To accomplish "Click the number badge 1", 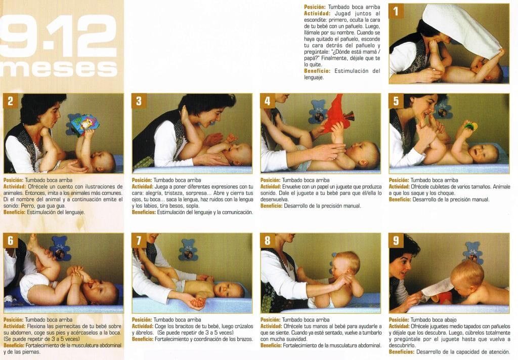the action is point(396,11).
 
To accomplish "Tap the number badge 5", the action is point(396,101).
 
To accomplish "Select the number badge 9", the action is point(396,241).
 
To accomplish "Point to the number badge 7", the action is point(139,241).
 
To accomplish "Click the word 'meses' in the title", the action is point(60,68).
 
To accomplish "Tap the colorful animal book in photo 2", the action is point(85,124).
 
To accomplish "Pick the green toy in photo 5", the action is point(470,126).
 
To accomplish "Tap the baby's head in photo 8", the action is point(346,264).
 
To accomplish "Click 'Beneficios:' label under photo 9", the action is point(401,352).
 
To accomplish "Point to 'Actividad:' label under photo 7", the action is point(143,326).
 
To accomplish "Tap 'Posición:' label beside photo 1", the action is point(315,7).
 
